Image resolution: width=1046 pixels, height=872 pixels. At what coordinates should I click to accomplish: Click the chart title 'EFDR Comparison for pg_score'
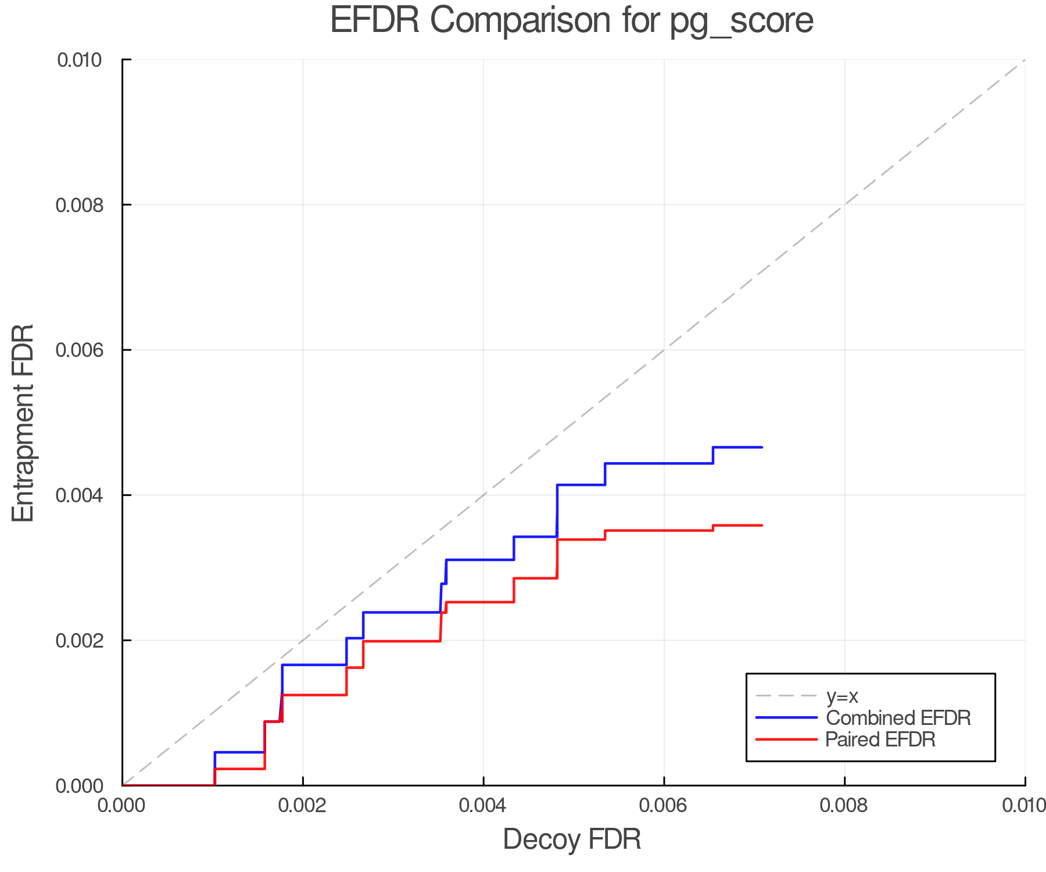point(571,21)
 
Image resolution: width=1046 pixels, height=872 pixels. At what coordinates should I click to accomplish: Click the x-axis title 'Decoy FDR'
point(571,839)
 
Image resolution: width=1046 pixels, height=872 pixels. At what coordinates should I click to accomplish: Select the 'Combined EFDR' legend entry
point(898,718)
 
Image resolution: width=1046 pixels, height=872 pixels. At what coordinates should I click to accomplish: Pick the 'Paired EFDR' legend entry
point(880,739)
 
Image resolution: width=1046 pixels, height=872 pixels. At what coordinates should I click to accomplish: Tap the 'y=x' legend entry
point(842,696)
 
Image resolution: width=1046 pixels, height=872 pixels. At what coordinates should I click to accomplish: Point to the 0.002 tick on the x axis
point(303,805)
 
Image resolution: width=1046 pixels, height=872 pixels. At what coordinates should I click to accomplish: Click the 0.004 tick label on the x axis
point(483,805)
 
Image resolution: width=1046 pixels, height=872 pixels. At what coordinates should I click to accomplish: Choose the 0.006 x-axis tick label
point(664,805)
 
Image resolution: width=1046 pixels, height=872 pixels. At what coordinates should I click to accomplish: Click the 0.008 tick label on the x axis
point(844,805)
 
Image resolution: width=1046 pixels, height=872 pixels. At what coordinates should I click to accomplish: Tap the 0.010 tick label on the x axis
point(1024,805)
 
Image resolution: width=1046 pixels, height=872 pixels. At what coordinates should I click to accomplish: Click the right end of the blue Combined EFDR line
point(761,447)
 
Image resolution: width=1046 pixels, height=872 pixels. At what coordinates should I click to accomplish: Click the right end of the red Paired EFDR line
point(761,526)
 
